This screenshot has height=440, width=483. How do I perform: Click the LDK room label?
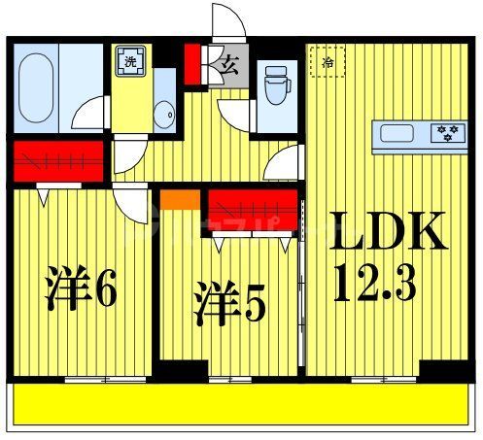pos(392,233)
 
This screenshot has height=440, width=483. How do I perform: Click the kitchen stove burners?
pos(448,131)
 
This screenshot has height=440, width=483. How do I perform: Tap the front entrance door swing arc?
pos(226,21)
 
